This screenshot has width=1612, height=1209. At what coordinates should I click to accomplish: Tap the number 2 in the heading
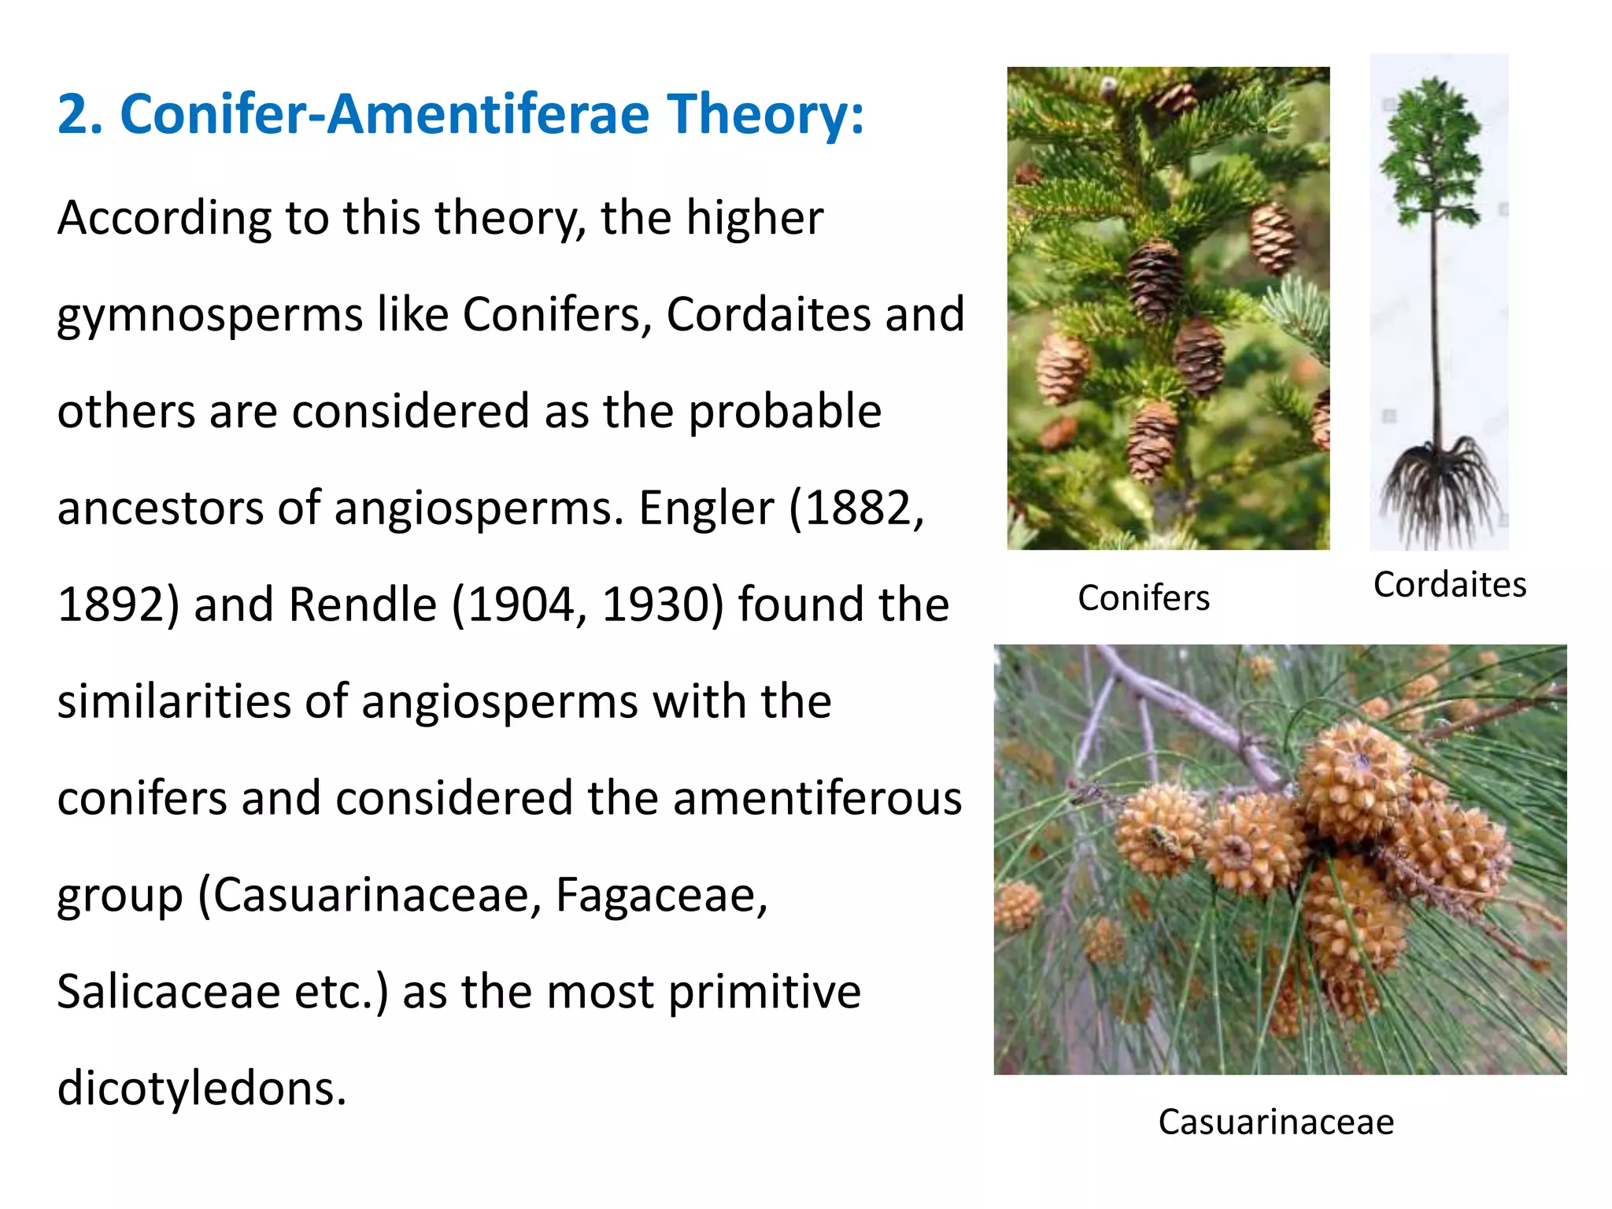coord(73,115)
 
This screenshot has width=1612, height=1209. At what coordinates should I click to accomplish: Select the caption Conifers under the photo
coord(1143,598)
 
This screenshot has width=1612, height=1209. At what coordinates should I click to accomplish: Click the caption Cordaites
coord(1449,585)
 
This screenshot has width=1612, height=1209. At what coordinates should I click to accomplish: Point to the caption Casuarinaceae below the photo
coord(1276,1122)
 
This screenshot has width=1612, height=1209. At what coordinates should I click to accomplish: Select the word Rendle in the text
coord(363,604)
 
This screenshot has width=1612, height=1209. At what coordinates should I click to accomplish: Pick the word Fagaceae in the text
coord(661,895)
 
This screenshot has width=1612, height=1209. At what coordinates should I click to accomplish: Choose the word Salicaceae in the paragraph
coord(168,992)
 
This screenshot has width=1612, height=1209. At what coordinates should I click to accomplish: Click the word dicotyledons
coord(201,1089)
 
